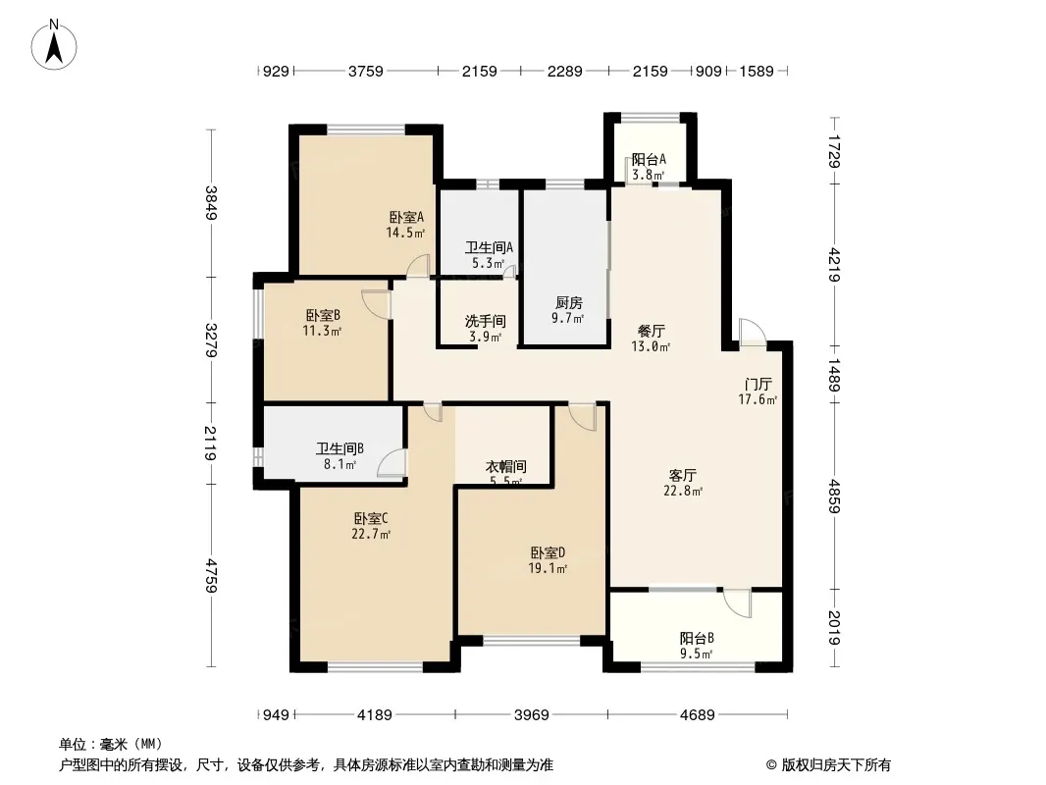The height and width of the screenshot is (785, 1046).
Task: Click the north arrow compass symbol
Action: click(54, 45)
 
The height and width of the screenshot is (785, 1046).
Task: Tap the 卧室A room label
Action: click(406, 218)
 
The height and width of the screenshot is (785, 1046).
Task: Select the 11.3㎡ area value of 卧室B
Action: click(322, 331)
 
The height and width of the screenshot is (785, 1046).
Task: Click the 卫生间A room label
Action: click(489, 247)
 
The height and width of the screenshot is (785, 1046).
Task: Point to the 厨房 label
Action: click(568, 303)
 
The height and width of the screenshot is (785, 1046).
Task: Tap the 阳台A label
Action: click(649, 159)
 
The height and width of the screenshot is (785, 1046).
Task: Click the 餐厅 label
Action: click(652, 331)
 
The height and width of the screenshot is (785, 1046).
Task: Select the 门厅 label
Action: click(758, 385)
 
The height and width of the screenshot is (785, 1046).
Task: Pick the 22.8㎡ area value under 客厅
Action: click(683, 491)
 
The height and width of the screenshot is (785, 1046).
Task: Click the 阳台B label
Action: click(697, 638)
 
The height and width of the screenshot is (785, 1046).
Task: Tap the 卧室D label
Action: click(548, 552)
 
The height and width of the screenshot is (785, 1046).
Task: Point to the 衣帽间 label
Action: click(505, 466)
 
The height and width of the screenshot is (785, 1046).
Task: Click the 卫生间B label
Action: click(340, 448)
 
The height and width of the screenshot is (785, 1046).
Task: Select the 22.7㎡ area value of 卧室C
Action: click(371, 534)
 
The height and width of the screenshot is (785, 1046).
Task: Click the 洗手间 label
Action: click(485, 322)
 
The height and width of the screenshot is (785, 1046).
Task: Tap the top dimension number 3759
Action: click(366, 71)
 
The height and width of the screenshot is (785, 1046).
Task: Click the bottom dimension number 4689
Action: click(697, 715)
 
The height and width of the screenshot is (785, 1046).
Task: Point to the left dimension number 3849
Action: click(211, 203)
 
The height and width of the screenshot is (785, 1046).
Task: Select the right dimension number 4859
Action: click(834, 497)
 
